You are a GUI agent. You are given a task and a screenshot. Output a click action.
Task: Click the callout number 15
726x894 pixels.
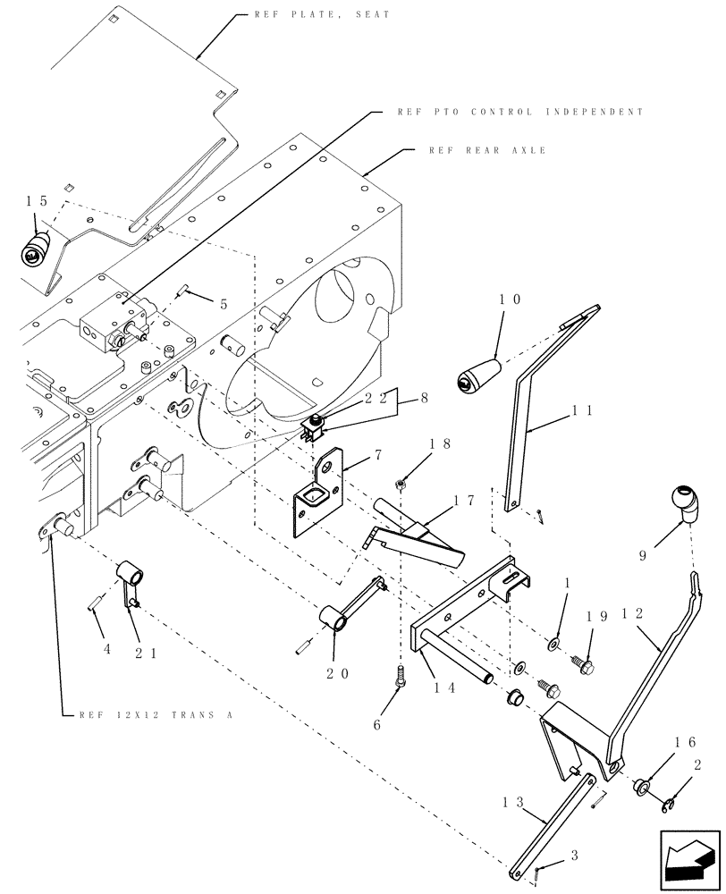pos(35,202)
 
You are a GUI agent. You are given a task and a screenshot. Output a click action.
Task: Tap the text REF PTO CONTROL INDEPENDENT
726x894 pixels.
pos(519,113)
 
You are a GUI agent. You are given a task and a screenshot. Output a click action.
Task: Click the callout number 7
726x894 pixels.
pos(377,455)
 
